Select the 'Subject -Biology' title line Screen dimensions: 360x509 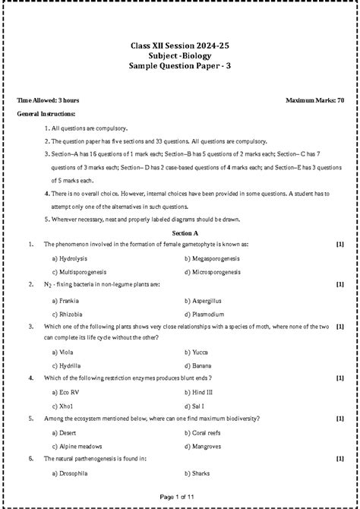180,57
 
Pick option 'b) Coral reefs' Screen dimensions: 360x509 205,433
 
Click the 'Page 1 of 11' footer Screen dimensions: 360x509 180,496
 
